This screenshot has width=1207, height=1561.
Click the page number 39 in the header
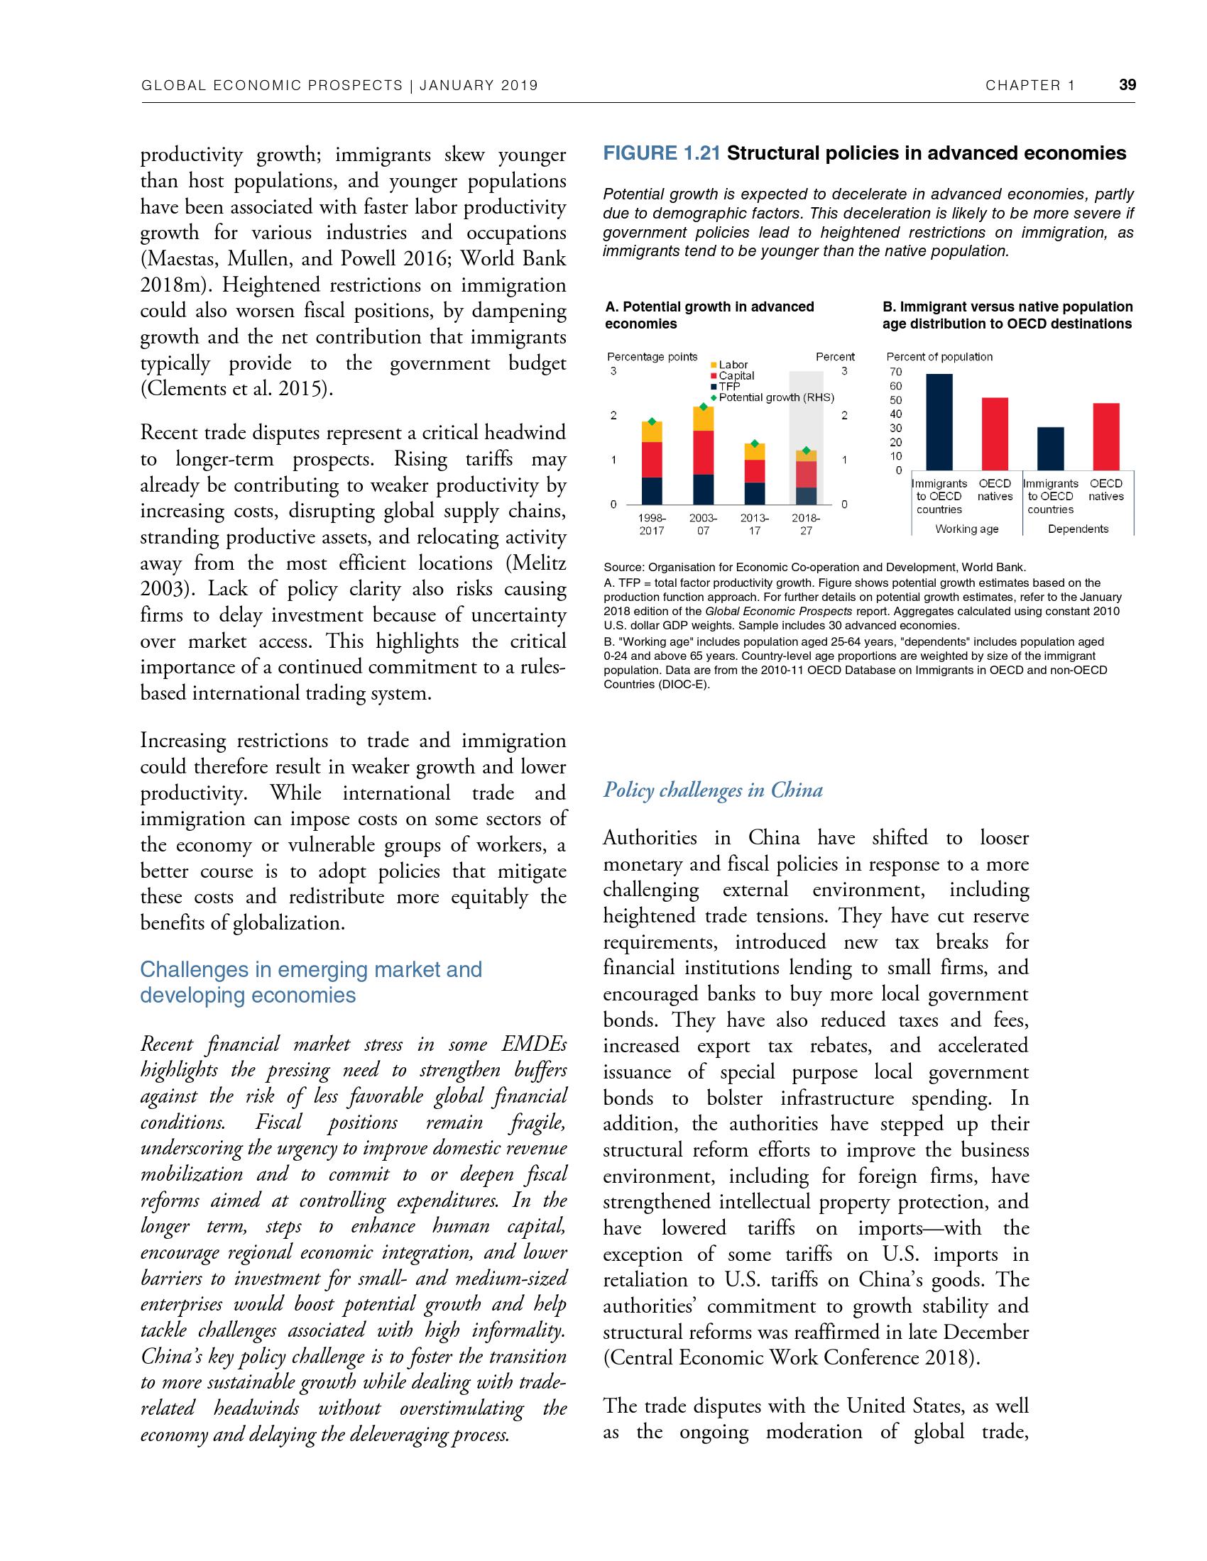point(1127,85)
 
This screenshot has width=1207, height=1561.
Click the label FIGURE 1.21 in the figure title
point(662,154)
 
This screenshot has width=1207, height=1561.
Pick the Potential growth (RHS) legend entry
point(776,397)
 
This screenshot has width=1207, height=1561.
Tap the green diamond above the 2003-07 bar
point(704,407)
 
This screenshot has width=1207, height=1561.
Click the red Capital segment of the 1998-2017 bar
point(651,460)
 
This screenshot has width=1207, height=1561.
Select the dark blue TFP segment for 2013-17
point(754,493)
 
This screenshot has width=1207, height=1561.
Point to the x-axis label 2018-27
point(806,524)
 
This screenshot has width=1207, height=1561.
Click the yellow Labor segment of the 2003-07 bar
point(704,419)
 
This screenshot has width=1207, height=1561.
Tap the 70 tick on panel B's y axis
point(895,372)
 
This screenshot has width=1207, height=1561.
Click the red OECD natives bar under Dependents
point(1105,436)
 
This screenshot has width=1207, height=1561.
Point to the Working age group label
point(967,529)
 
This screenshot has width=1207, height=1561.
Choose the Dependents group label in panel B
point(1078,529)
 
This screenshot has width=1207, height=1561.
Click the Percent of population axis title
point(939,357)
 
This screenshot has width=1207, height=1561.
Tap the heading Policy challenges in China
point(713,790)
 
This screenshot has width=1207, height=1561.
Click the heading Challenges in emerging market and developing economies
point(311,982)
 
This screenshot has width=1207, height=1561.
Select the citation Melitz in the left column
point(535,563)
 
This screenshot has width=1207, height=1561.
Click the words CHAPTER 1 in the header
point(1029,86)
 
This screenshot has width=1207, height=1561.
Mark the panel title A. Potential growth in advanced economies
point(709,315)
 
